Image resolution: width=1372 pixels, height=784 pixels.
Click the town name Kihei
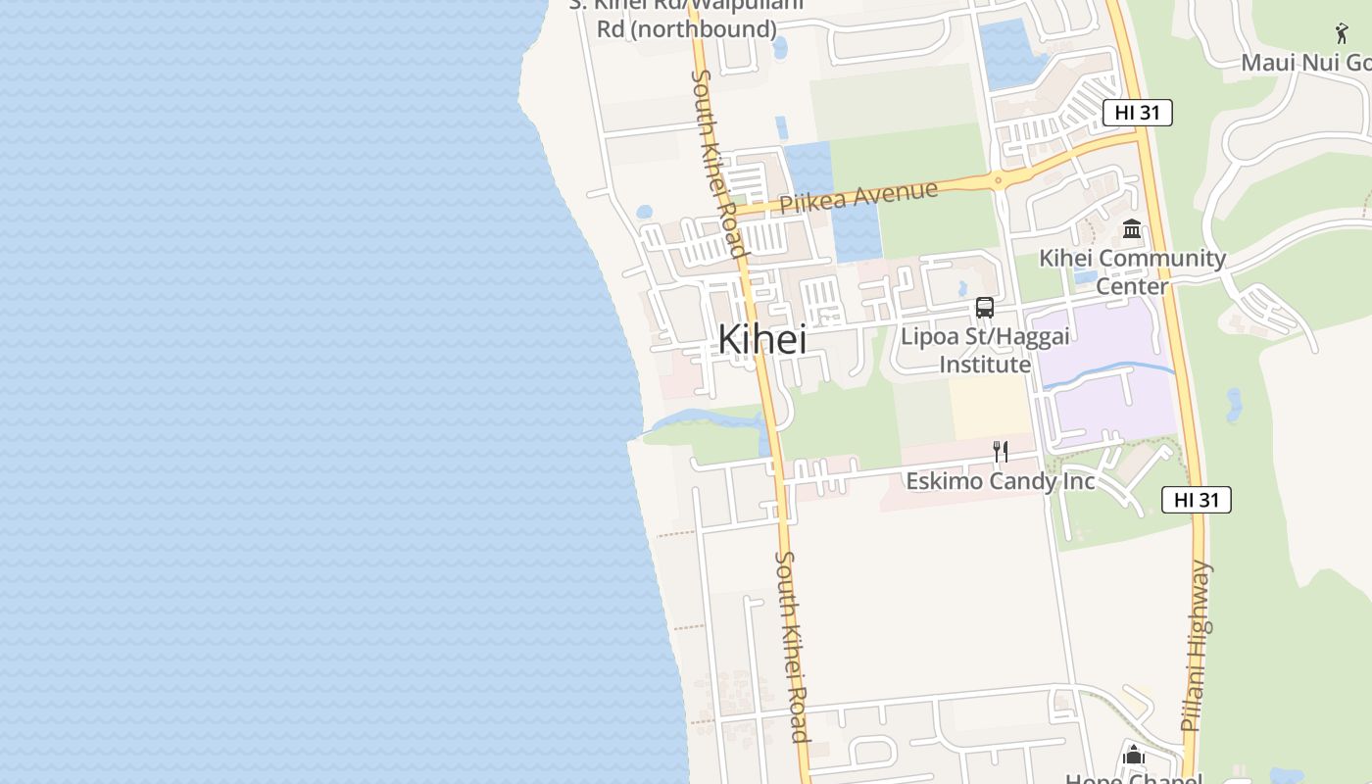[x=762, y=339]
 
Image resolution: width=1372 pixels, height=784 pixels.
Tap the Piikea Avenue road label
[x=858, y=196]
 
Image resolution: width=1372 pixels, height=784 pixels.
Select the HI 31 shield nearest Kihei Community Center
[x=1137, y=113]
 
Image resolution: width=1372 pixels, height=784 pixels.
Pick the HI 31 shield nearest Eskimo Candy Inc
[x=1196, y=500]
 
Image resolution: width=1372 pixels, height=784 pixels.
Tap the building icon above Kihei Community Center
[x=1132, y=229]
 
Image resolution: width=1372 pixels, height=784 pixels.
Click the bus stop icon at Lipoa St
[x=985, y=308]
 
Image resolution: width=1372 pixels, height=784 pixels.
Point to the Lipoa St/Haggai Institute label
[x=985, y=350]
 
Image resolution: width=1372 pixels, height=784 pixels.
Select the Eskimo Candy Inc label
[x=1000, y=481]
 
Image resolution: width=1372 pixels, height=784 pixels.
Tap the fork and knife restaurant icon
[x=1001, y=452]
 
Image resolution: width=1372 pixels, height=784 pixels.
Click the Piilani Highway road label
[x=1197, y=647]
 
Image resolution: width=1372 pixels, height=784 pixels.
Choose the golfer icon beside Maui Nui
[x=1342, y=33]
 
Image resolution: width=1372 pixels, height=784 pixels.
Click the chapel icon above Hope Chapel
[x=1134, y=755]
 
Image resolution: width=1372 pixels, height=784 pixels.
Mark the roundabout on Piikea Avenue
[x=998, y=179]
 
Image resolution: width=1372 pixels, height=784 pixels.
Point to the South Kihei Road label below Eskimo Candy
[x=792, y=647]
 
